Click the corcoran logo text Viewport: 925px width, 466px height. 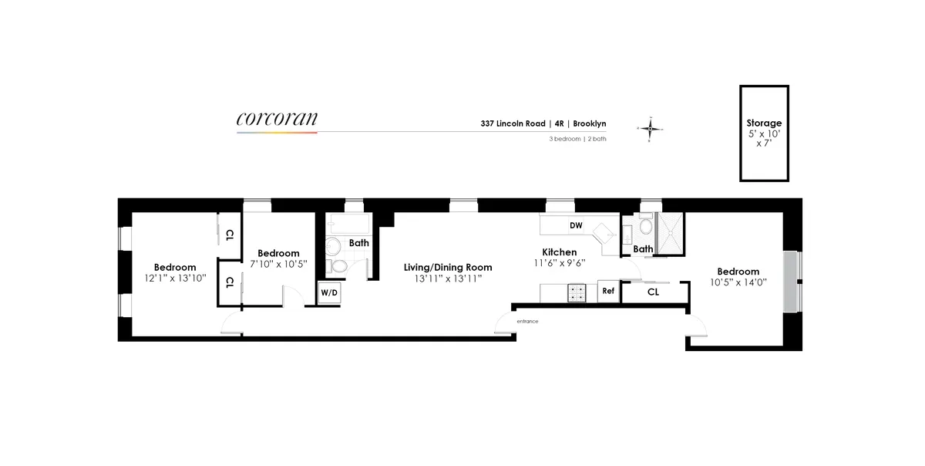tap(277, 119)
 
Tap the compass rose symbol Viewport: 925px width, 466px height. tap(651, 130)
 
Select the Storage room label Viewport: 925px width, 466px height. tap(763, 123)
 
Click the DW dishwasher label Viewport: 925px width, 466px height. tap(575, 225)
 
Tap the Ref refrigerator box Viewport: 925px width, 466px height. tap(608, 291)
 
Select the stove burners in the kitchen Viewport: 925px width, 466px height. tap(577, 292)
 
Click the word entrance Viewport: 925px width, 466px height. tap(527, 321)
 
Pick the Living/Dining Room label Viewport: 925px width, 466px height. tap(448, 268)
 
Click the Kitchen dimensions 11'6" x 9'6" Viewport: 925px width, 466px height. tap(559, 262)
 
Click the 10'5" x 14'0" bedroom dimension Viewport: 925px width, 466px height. tap(738, 282)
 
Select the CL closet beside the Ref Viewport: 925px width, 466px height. tap(652, 292)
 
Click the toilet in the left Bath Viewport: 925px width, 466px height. tap(334, 248)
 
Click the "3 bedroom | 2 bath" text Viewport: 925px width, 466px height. tap(577, 139)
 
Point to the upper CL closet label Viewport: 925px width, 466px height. tap(230, 236)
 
